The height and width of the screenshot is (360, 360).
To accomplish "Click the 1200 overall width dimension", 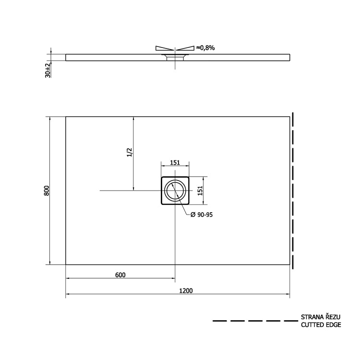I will click(x=186, y=290).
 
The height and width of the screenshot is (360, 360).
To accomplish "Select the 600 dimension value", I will click(x=120, y=275).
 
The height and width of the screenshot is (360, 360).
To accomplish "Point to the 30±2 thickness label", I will click(x=48, y=70).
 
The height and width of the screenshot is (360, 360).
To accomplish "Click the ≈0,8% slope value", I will click(x=205, y=48).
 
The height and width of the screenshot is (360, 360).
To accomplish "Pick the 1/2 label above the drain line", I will click(x=129, y=153).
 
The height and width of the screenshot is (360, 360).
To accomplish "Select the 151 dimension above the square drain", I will click(x=175, y=163).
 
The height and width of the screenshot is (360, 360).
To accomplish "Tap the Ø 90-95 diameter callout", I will click(x=202, y=215).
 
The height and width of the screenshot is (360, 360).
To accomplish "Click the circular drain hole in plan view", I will click(x=175, y=191).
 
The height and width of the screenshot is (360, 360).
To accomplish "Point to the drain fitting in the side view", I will click(x=175, y=58).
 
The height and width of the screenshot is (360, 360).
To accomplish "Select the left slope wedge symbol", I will click(x=164, y=48).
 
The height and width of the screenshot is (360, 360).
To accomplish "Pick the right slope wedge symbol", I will click(x=185, y=48).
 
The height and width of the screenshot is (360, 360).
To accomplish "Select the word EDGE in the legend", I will click(x=334, y=325).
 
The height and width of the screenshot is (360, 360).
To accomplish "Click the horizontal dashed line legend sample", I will click(x=254, y=321).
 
